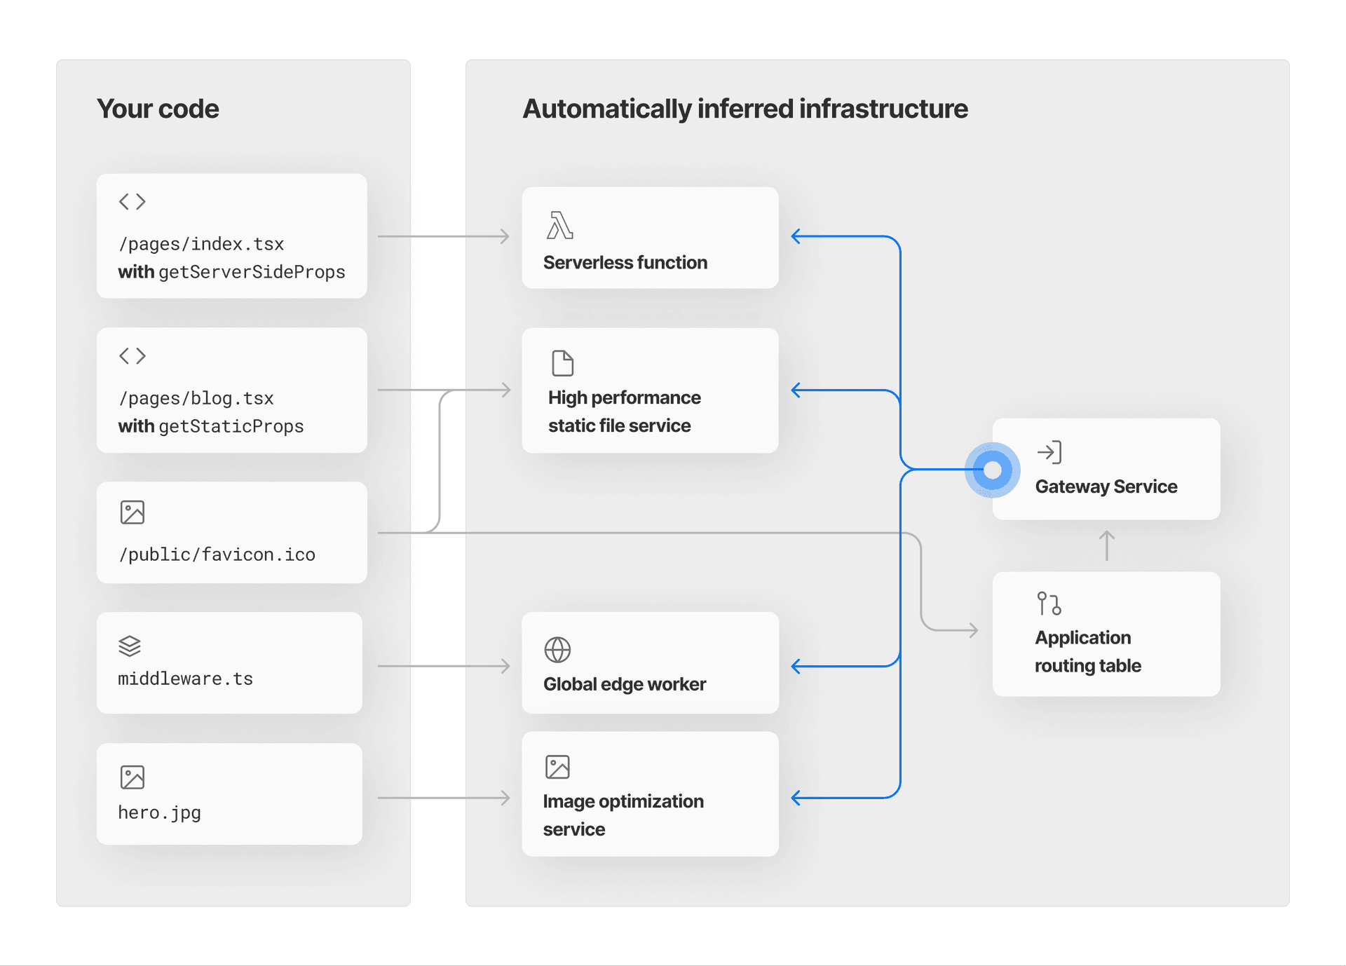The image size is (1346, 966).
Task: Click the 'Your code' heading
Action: point(158,109)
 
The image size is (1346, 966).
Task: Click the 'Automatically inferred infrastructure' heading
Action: point(745,109)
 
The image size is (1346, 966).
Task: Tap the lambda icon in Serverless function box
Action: point(559,225)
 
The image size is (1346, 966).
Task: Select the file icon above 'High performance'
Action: point(562,363)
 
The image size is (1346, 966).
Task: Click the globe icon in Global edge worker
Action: point(557,650)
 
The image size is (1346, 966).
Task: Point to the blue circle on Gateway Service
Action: point(992,470)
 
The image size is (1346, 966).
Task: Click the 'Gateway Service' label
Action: point(1106,487)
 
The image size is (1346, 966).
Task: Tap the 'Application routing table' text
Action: point(1087,651)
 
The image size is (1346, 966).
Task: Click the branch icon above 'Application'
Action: point(1049,604)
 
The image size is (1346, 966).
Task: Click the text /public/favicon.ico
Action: point(217,555)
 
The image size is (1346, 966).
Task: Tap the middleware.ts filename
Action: point(185,679)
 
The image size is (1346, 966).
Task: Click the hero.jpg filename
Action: point(159,812)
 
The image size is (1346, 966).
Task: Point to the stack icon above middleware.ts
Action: point(130,646)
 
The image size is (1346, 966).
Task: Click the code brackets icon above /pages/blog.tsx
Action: point(132,356)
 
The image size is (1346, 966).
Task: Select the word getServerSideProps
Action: point(252,272)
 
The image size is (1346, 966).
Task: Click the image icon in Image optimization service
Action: point(557,767)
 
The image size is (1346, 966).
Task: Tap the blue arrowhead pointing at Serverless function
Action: point(796,236)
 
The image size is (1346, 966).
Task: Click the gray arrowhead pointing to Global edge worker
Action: point(505,666)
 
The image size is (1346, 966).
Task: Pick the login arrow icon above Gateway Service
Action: point(1049,452)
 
